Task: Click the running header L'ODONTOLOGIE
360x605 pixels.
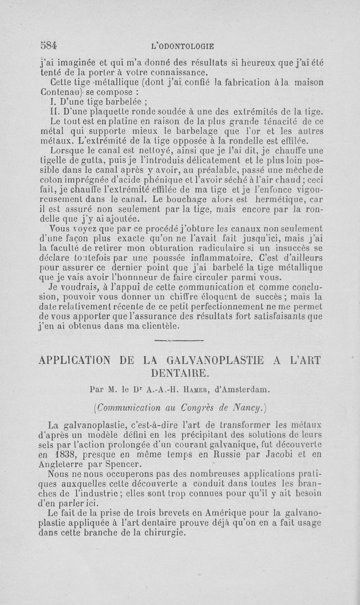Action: (x=183, y=45)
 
